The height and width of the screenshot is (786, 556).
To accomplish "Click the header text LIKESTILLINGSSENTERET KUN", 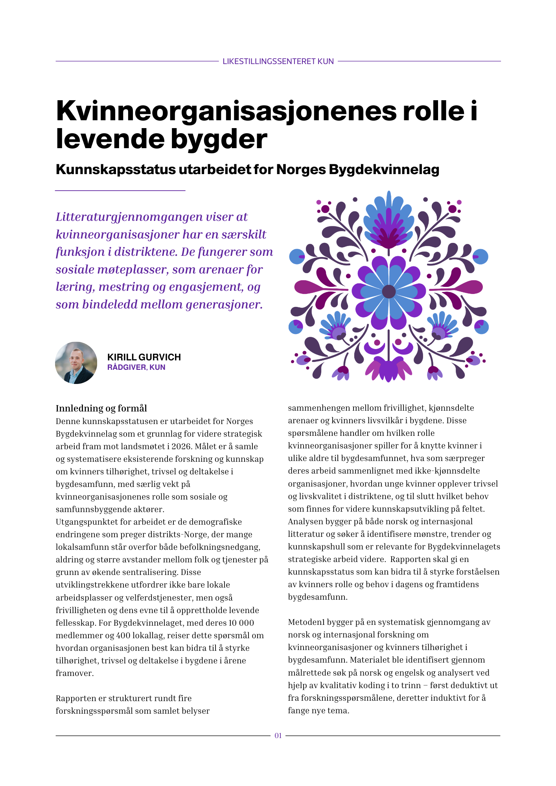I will pyautogui.click(x=278, y=61).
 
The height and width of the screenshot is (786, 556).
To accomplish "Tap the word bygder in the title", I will pyautogui.click(x=222, y=140).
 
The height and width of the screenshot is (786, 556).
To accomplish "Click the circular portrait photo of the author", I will pyautogui.click(x=76, y=363).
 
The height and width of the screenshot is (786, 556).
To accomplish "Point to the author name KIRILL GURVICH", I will pyautogui.click(x=144, y=357).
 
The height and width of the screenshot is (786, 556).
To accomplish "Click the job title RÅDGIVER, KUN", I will pyautogui.click(x=136, y=367).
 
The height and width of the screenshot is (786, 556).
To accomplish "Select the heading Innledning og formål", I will pyautogui.click(x=101, y=408).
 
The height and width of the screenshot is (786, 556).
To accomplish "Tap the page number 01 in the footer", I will pyautogui.click(x=278, y=736).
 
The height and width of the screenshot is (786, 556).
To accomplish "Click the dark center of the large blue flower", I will pyautogui.click(x=388, y=292).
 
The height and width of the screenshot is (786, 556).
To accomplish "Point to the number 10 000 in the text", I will pyautogui.click(x=241, y=623).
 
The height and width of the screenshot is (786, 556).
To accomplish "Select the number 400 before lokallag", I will pyautogui.click(x=123, y=635).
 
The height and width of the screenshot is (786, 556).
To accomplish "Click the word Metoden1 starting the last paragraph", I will pyautogui.click(x=306, y=622).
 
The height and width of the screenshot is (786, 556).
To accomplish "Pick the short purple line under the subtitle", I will pyautogui.click(x=120, y=191).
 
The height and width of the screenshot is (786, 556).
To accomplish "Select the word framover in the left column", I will pyautogui.click(x=74, y=673).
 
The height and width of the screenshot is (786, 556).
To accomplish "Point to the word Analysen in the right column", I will pyautogui.click(x=305, y=522).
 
